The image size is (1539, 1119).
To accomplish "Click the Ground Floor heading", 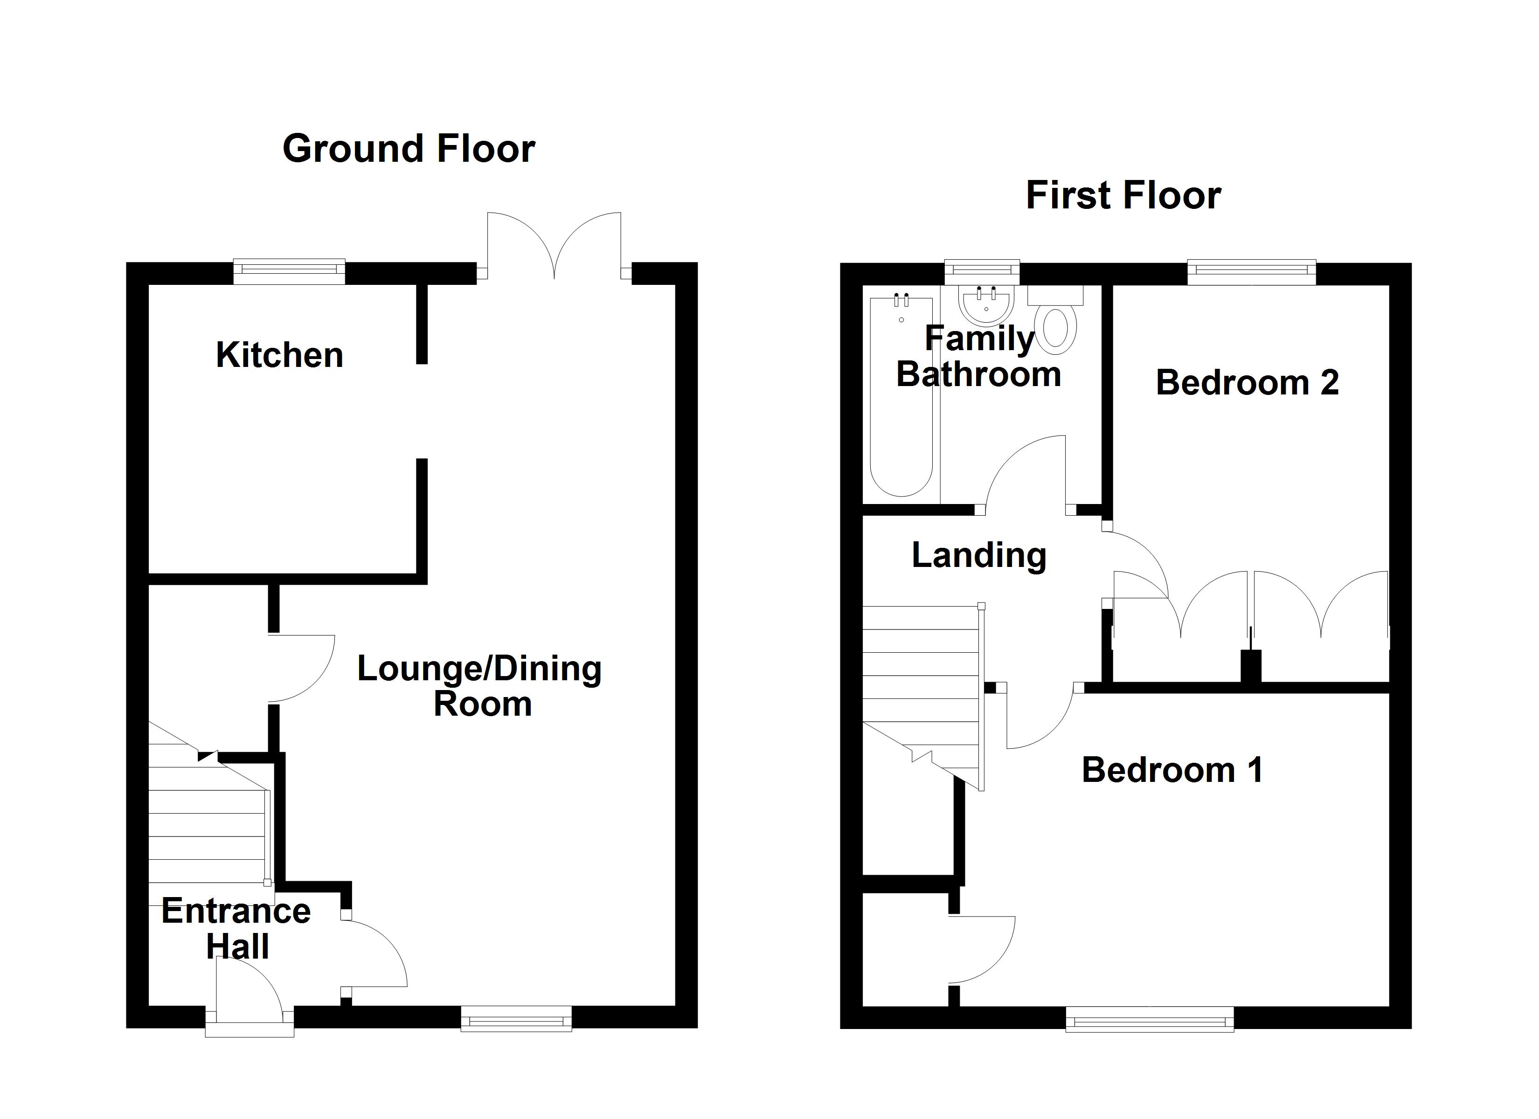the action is pos(409,149).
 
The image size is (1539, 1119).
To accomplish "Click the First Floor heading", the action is pos(1123,195).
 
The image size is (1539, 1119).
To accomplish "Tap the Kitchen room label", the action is pos(279,355).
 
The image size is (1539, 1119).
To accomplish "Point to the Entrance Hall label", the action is pos(236,928).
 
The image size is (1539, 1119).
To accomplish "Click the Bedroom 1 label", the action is pos(1172,770).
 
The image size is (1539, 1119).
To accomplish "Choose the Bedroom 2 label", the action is pos(1247,383).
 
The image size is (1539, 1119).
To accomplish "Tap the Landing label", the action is pos(978,555).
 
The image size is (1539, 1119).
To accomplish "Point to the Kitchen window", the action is pos(289,271).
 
